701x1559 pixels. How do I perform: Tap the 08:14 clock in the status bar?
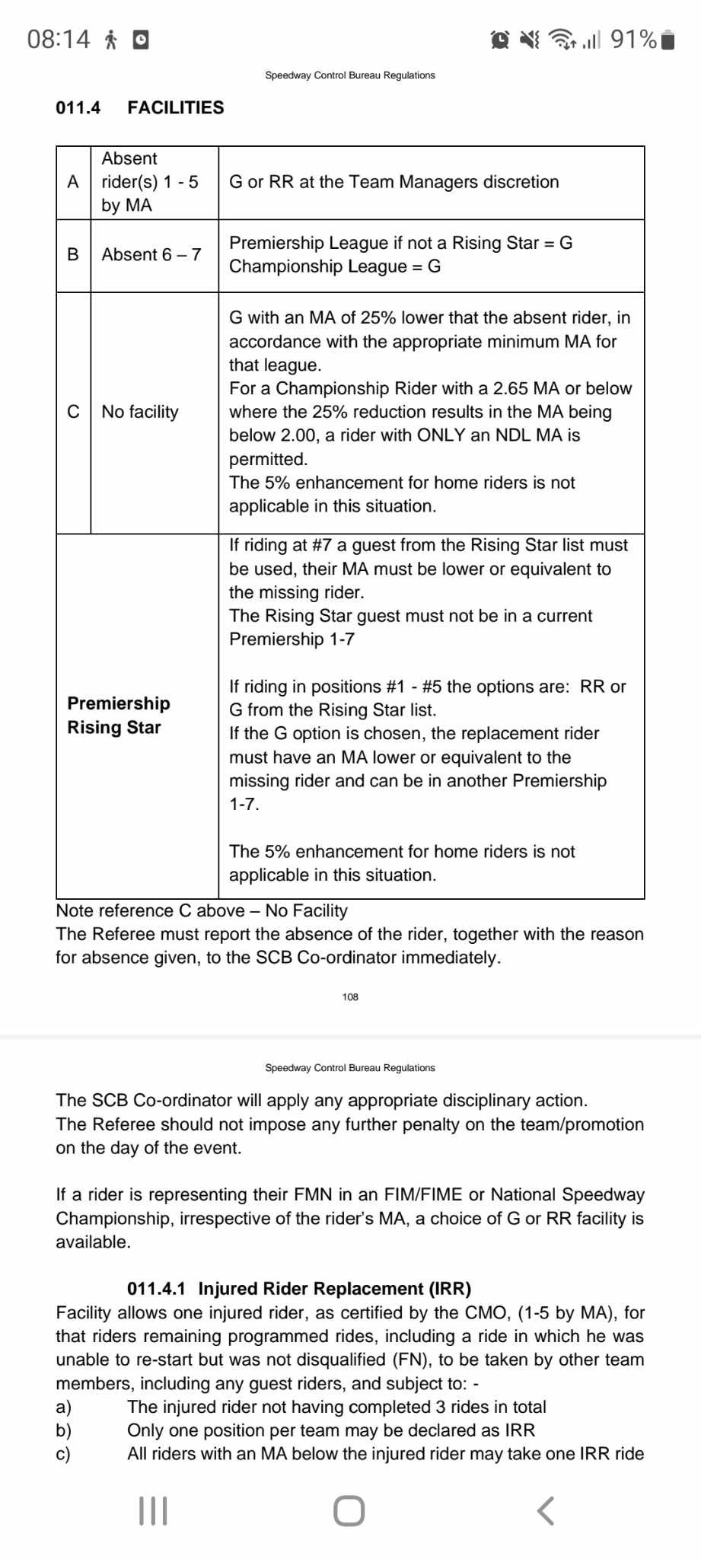click(59, 39)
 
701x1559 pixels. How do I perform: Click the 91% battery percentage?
click(633, 39)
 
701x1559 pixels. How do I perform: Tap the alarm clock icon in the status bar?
click(500, 40)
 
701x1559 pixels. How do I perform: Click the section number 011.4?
click(78, 107)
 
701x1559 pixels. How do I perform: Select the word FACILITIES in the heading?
click(176, 107)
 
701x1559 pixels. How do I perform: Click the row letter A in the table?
click(73, 182)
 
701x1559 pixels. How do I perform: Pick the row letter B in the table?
click(73, 255)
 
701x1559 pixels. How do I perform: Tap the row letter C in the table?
click(73, 412)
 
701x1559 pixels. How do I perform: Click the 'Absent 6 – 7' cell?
click(151, 255)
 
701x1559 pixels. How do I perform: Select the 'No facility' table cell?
click(140, 412)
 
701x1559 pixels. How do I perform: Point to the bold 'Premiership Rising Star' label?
click(118, 716)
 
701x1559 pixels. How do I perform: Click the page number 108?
click(350, 997)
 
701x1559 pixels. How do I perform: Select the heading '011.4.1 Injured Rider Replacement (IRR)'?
click(299, 1289)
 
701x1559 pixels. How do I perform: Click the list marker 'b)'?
click(63, 1430)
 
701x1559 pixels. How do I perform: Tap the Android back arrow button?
click(545, 1511)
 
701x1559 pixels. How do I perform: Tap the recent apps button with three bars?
click(153, 1511)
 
